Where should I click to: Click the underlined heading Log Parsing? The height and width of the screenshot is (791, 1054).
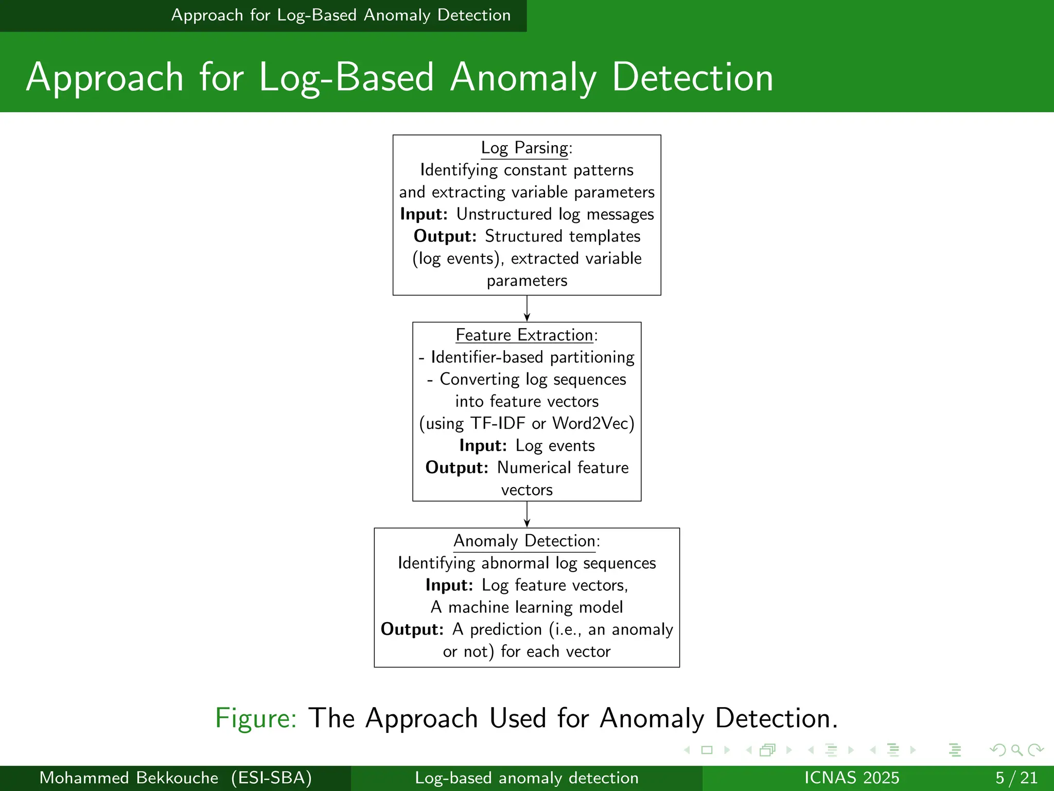(524, 148)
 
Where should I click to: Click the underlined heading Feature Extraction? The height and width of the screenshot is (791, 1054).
(524, 335)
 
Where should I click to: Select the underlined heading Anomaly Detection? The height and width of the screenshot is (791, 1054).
(524, 541)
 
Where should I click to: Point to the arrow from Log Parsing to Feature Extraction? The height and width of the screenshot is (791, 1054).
(527, 308)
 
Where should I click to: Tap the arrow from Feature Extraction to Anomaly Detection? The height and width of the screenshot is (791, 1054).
(527, 514)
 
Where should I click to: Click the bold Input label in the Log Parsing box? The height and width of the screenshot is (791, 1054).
(423, 214)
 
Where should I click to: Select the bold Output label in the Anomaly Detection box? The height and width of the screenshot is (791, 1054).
(411, 629)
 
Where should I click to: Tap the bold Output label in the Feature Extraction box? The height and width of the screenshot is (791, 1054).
(456, 468)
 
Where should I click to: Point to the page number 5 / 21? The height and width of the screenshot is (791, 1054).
(1016, 778)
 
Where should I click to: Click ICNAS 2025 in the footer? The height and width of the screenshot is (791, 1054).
(852, 778)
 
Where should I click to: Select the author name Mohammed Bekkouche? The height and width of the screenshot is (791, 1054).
(129, 778)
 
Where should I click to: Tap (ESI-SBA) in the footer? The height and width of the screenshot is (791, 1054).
(271, 778)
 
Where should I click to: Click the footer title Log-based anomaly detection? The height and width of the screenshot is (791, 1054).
(526, 778)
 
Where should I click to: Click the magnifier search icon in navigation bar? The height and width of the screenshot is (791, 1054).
(1016, 750)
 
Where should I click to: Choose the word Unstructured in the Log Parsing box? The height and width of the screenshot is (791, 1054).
(504, 214)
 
